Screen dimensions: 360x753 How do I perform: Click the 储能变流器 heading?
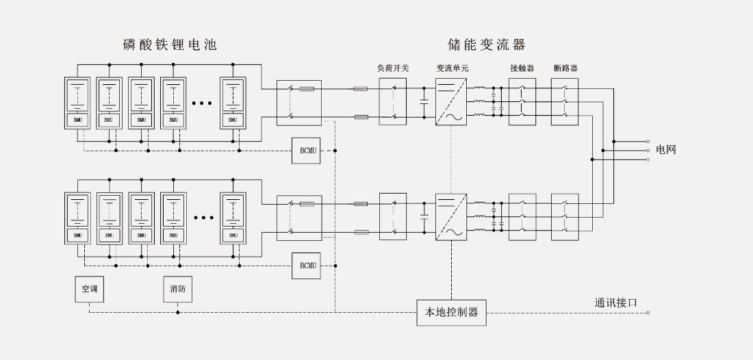tap(486, 45)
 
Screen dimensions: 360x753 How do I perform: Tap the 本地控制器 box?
tap(451, 313)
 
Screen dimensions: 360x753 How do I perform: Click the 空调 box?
tap(90, 289)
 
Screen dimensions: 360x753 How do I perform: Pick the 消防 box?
tap(177, 289)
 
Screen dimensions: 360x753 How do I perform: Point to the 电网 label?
tap(665, 150)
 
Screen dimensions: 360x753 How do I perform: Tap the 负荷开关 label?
tap(393, 68)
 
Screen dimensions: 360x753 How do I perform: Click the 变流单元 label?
tap(452, 68)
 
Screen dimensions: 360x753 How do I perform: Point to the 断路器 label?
tap(565, 68)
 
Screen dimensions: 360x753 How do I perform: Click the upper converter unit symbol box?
tap(451, 101)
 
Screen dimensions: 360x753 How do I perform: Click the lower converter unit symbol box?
tap(451, 216)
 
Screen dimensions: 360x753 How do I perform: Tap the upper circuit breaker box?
tap(565, 101)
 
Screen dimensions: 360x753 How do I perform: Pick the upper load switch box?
tap(393, 101)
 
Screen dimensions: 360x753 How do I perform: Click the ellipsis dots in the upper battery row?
tap(203, 103)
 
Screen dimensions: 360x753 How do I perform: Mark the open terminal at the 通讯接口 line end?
tap(648, 313)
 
